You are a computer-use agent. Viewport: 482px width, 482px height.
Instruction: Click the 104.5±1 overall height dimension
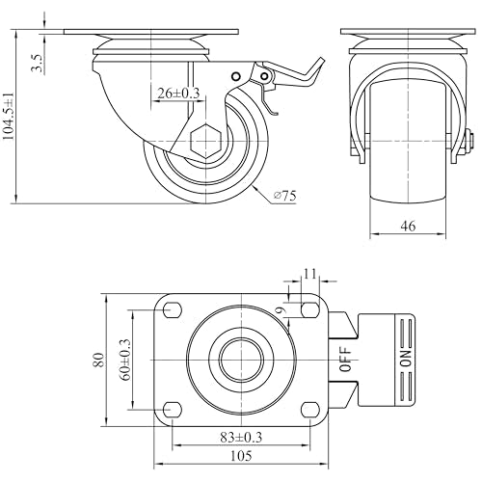click(x=9, y=117)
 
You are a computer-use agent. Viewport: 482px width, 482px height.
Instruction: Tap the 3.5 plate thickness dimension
click(x=37, y=63)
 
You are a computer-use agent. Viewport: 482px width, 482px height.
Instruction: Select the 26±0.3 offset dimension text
click(x=178, y=94)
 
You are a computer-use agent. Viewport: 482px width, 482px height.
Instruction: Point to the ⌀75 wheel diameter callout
click(x=284, y=196)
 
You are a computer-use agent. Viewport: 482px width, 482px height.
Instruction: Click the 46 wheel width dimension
click(x=408, y=226)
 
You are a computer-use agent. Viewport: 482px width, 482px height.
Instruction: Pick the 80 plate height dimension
click(x=99, y=360)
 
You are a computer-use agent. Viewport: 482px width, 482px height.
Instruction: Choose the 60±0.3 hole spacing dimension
click(x=125, y=360)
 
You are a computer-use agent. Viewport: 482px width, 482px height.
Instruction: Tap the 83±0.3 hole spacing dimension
click(x=241, y=437)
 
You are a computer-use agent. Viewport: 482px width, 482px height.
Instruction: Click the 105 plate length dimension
click(x=241, y=456)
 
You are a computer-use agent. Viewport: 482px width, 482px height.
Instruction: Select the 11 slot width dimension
click(x=310, y=274)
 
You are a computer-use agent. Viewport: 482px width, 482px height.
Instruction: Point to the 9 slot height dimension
click(x=281, y=310)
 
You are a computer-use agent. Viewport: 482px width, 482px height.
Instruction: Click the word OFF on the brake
click(x=346, y=360)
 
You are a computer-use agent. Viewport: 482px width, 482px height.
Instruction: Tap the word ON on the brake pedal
click(x=406, y=359)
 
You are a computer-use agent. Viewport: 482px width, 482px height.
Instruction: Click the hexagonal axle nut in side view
click(x=205, y=141)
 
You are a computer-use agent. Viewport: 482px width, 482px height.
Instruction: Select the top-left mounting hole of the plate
click(x=173, y=310)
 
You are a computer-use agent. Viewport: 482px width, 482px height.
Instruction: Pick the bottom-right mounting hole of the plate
click(x=310, y=410)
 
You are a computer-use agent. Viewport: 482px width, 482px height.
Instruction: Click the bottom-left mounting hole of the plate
click(x=173, y=410)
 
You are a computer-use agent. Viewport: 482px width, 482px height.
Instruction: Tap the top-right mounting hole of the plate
click(x=310, y=310)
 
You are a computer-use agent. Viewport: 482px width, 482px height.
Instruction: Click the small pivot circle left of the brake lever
click(x=236, y=76)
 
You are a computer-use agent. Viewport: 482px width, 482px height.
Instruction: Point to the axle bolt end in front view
click(x=469, y=141)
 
